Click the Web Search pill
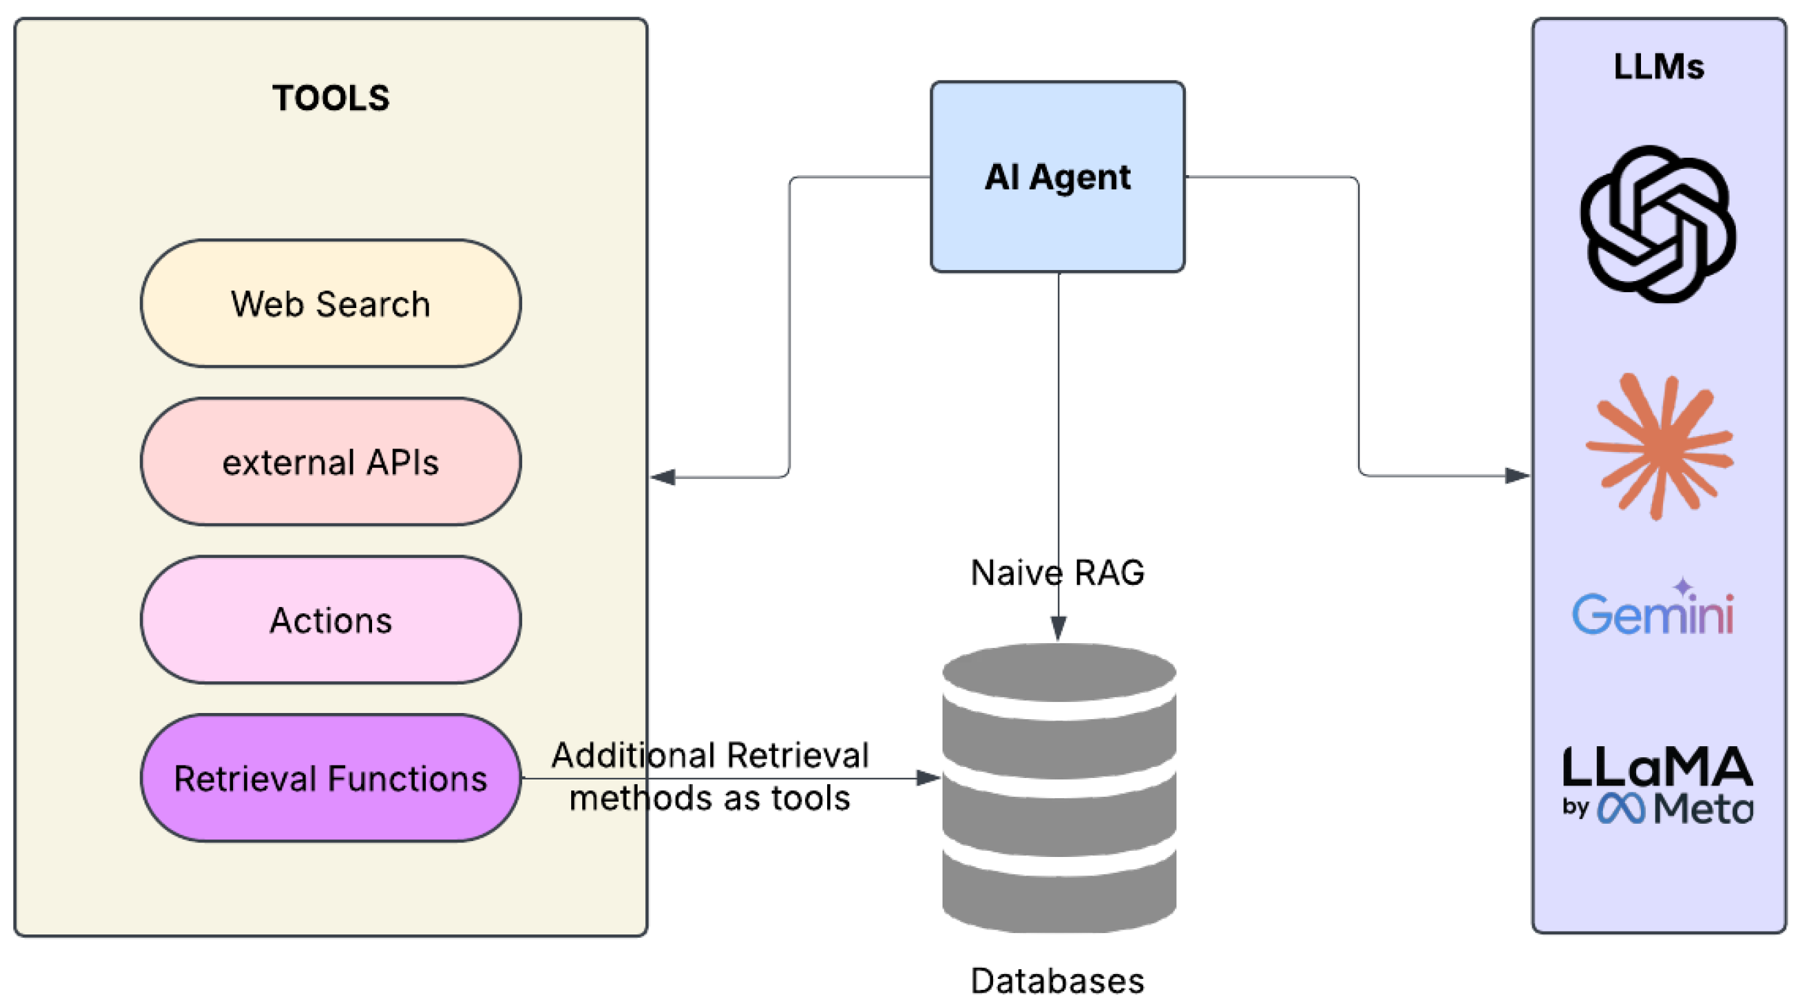[x=330, y=303]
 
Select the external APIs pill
[x=330, y=462]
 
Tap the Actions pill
[x=330, y=620]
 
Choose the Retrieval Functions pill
[x=330, y=777]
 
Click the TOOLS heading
[x=330, y=98]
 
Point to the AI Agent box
[x=1057, y=177]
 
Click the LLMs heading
[x=1658, y=67]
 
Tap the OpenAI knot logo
[x=1658, y=224]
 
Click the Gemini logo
[x=1653, y=611]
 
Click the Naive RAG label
[x=1057, y=572]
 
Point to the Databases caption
[x=1057, y=981]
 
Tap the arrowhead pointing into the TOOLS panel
[x=663, y=477]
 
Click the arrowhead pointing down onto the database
[x=1058, y=627]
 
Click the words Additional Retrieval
[x=710, y=755]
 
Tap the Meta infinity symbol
[x=1622, y=808]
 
